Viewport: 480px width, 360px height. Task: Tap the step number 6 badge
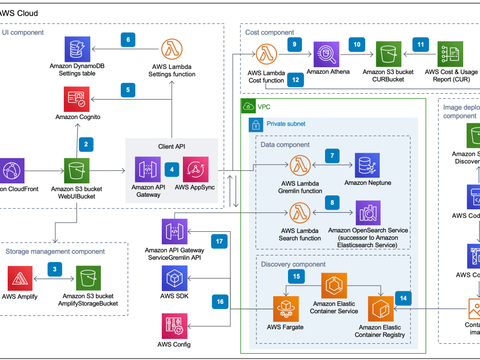tap(128, 39)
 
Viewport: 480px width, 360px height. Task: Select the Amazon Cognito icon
tap(77, 99)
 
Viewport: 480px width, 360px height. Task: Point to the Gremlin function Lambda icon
tap(300, 166)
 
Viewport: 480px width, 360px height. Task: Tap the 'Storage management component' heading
tap(55, 252)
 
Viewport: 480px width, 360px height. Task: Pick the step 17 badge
tap(219, 241)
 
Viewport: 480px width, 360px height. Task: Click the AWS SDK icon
tap(174, 278)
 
